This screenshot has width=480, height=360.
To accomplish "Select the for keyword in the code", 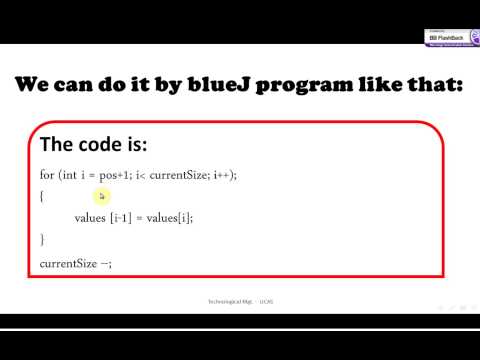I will [46, 175].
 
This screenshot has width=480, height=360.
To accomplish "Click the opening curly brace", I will [42, 196].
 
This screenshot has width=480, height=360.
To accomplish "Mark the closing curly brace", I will [42, 240].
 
